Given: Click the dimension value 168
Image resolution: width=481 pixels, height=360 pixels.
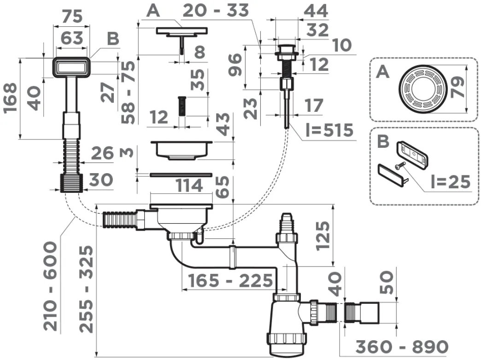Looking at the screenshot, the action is click(x=11, y=98).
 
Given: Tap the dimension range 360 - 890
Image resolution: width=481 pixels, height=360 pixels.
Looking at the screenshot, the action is click(x=402, y=347).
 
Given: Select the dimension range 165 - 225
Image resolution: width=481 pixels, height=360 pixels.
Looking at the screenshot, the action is click(x=230, y=280).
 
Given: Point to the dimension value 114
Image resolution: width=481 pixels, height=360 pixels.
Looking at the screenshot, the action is click(x=189, y=186).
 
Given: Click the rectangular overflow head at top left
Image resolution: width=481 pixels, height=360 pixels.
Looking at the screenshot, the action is click(x=72, y=67).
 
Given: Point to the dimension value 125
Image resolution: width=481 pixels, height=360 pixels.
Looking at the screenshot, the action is click(x=323, y=236).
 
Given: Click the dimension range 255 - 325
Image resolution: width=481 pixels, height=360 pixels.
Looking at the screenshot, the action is click(x=86, y=289).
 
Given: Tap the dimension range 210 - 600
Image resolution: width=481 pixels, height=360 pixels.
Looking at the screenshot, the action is click(x=50, y=286).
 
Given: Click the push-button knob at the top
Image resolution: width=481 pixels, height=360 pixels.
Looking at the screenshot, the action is click(x=287, y=51).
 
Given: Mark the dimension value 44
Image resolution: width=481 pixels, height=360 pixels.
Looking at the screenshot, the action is click(x=316, y=11).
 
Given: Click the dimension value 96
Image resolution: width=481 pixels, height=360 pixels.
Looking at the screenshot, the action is click(x=235, y=65).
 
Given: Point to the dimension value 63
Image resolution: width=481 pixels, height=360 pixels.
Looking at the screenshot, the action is click(x=72, y=38).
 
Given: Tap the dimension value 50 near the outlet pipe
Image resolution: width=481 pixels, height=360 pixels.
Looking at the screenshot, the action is click(x=387, y=282).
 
